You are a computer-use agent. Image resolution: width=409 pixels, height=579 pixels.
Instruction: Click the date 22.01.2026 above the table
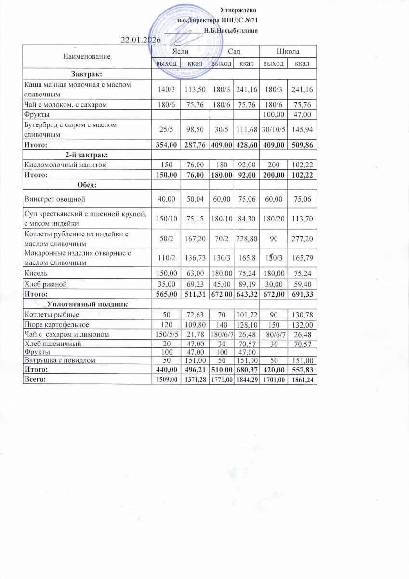click(x=140, y=40)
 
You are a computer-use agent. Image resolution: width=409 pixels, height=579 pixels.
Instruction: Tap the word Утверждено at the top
click(x=237, y=10)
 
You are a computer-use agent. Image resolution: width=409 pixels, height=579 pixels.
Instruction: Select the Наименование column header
click(x=87, y=56)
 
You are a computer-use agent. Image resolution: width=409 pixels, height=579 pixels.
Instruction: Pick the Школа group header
click(x=288, y=52)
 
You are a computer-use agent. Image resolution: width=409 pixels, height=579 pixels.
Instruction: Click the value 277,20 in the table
click(x=302, y=239)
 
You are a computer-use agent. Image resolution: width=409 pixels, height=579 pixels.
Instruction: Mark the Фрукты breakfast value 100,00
click(x=273, y=114)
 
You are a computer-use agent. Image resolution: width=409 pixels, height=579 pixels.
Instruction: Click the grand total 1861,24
click(x=302, y=380)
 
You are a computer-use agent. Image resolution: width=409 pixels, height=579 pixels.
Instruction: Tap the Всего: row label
click(x=36, y=380)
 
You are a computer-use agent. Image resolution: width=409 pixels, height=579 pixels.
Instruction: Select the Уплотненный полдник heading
click(x=87, y=304)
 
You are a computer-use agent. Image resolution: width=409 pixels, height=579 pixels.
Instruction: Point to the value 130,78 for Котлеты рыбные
click(x=302, y=315)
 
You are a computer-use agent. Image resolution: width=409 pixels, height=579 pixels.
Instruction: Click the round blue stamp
click(x=181, y=41)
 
